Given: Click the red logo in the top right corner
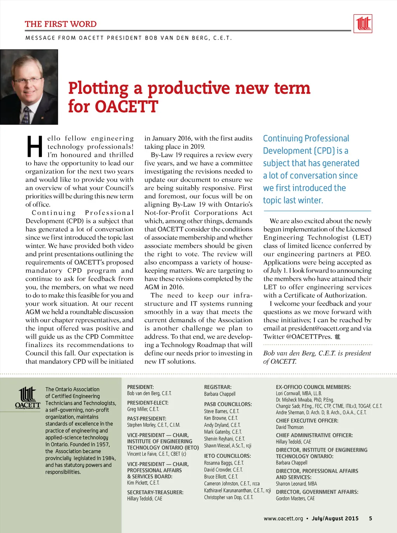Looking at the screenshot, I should point(363,23).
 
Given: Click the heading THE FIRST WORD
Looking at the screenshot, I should point(61,24).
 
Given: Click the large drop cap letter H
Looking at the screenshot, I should point(35,147).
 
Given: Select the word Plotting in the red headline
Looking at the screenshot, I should point(98,88).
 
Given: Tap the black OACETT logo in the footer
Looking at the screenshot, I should point(28,397).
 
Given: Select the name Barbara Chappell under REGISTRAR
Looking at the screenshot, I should point(220,394).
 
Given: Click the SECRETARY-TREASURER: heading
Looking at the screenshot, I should point(155,492).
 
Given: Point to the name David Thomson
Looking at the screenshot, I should point(290,427).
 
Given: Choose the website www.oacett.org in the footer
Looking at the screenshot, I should point(283,518).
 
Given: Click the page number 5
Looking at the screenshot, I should point(371,518).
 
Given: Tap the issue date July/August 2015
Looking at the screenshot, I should point(335,518).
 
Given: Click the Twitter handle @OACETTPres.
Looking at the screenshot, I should point(309,337).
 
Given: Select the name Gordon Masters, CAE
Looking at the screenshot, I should point(295,499).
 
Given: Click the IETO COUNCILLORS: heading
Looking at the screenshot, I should point(228,456).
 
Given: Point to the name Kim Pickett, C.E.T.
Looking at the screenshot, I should point(143,483).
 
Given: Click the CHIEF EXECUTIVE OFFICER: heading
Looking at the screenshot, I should point(307,421).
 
